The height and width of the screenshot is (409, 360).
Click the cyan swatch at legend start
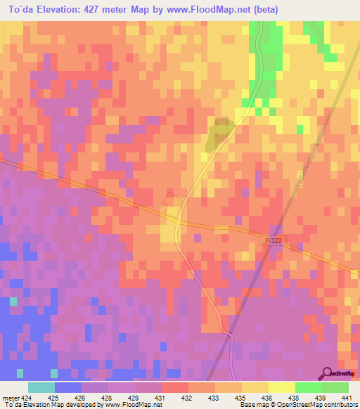pos(41,387)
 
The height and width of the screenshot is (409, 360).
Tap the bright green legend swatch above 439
pos(308,387)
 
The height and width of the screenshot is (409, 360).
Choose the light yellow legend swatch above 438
pos(281,387)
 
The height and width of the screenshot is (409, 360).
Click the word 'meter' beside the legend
pos(9,397)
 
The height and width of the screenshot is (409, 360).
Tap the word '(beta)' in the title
pos(268,10)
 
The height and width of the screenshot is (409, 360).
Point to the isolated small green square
pos(300,129)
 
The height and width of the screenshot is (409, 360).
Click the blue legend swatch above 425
pos(67,387)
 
